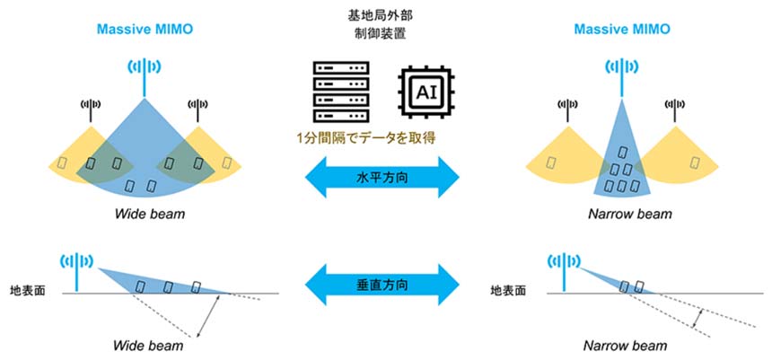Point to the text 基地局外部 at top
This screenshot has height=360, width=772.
click(x=383, y=15)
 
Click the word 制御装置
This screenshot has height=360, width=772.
click(x=383, y=35)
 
